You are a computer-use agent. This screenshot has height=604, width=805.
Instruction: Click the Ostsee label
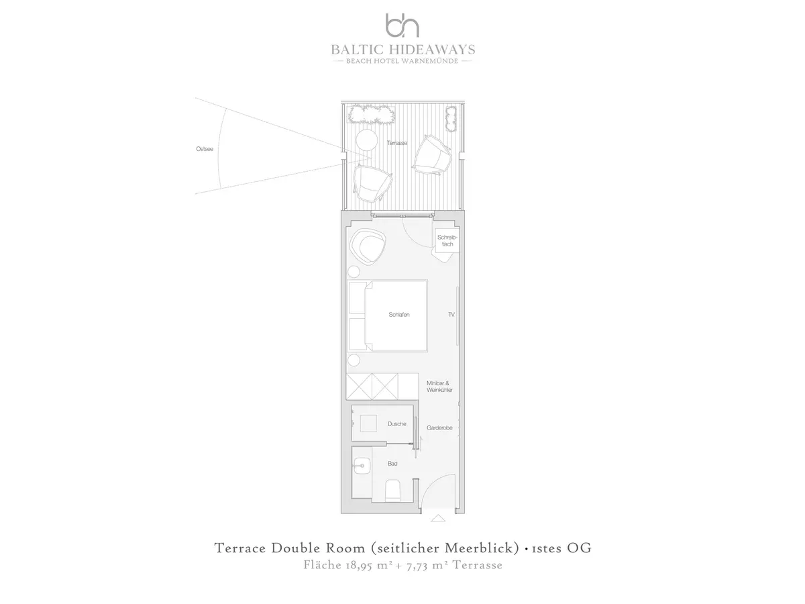[x=205, y=149]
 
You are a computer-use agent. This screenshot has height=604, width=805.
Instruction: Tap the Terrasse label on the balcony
[x=397, y=143]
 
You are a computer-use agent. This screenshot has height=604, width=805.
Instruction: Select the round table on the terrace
[x=366, y=140]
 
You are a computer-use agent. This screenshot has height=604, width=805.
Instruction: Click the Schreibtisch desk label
[x=447, y=240]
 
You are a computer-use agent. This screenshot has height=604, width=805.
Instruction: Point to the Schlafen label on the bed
[x=399, y=315]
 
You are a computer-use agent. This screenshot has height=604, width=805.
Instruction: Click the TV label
[x=451, y=315]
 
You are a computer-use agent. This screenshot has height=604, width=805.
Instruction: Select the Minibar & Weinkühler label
[x=439, y=387]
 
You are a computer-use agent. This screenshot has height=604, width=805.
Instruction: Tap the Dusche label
[x=397, y=424]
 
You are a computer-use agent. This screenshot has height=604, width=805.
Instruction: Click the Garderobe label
[x=439, y=427]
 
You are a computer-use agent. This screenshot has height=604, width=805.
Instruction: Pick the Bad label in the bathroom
[x=392, y=464]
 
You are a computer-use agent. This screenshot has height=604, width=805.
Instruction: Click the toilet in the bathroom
[x=392, y=491]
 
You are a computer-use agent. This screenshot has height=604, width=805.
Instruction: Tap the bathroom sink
[x=362, y=466]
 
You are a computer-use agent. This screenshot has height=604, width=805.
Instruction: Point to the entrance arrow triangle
[x=438, y=518]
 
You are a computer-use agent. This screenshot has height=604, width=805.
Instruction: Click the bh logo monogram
[x=402, y=26]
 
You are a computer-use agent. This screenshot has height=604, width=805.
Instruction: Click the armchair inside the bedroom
[x=368, y=246]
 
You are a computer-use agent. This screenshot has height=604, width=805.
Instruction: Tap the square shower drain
[x=368, y=423]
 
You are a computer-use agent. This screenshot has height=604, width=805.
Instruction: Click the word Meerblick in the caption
[x=482, y=548]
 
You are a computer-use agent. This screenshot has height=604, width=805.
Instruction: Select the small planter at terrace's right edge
[x=451, y=119]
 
